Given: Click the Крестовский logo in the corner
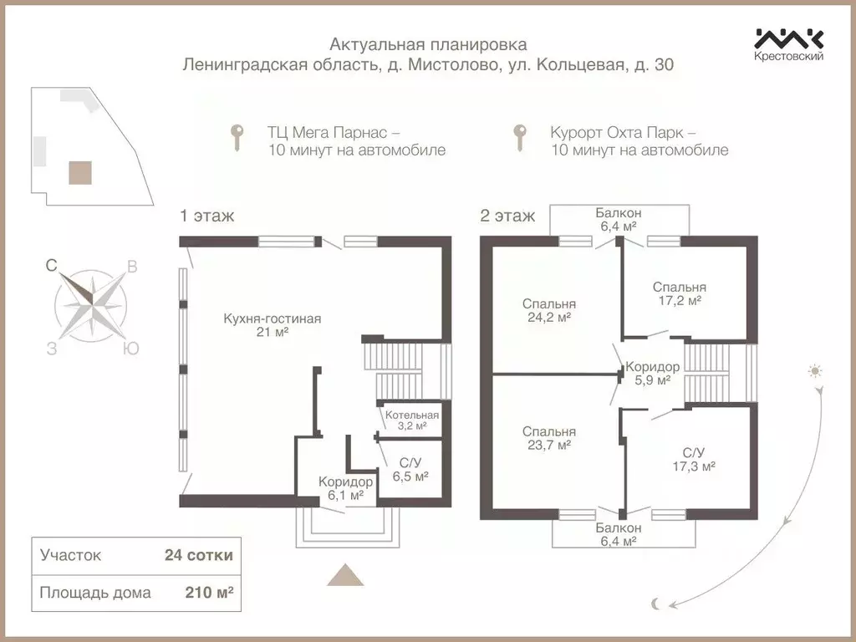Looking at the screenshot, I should pos(789,44).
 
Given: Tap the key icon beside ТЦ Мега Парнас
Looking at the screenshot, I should pos(238,137).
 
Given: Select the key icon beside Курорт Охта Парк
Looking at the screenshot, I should pos(521,137).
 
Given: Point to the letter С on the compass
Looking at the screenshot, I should pos(51,266).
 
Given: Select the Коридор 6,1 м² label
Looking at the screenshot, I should pos(345,488).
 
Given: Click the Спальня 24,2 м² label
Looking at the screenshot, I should pos(548,310).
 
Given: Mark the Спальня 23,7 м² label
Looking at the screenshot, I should pos(548,438).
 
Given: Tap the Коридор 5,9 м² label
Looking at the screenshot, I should pos(653,373).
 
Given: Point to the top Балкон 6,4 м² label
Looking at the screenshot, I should pos(618,219).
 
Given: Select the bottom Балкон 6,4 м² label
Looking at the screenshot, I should pos(619,534).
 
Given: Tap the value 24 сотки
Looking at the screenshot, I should pos(199,554).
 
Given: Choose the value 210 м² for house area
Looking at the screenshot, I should pos(208,593).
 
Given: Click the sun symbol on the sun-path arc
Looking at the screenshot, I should pos(815,370).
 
